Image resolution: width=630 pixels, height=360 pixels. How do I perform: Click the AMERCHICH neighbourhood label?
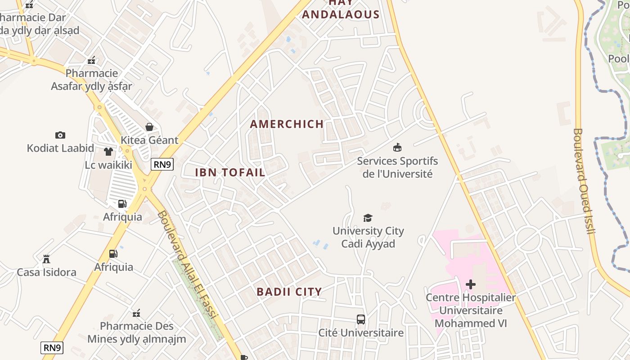pos(287,124)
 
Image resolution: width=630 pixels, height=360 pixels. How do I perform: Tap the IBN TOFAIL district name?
pos(230,172)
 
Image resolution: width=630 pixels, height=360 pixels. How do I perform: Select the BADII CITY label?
pos(289,292)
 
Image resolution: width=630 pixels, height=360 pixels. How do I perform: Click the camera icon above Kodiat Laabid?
pos(60,135)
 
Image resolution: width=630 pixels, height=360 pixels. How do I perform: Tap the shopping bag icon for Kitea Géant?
pos(149,127)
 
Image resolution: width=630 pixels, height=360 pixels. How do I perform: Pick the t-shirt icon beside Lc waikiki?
pos(108,152)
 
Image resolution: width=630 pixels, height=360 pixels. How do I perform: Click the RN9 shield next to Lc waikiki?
pos(162,164)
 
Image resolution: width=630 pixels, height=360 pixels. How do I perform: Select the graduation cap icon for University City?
pos(368,218)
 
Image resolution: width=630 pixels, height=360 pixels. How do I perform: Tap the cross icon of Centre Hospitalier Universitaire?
pos(471,284)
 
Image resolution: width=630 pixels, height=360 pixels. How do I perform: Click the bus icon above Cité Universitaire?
pos(361,319)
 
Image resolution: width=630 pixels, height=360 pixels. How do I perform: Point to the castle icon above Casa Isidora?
pos(46,259)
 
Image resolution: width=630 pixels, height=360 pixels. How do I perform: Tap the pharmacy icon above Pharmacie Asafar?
pos(91,60)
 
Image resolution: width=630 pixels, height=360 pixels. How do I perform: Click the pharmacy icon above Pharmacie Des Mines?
pos(136,313)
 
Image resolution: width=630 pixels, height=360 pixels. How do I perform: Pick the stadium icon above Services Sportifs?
pos(397,148)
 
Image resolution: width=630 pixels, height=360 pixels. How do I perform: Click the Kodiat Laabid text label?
pos(60,148)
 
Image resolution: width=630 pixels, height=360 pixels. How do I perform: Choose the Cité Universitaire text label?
pos(361,333)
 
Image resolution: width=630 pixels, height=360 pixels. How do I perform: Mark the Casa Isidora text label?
pos(46,272)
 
